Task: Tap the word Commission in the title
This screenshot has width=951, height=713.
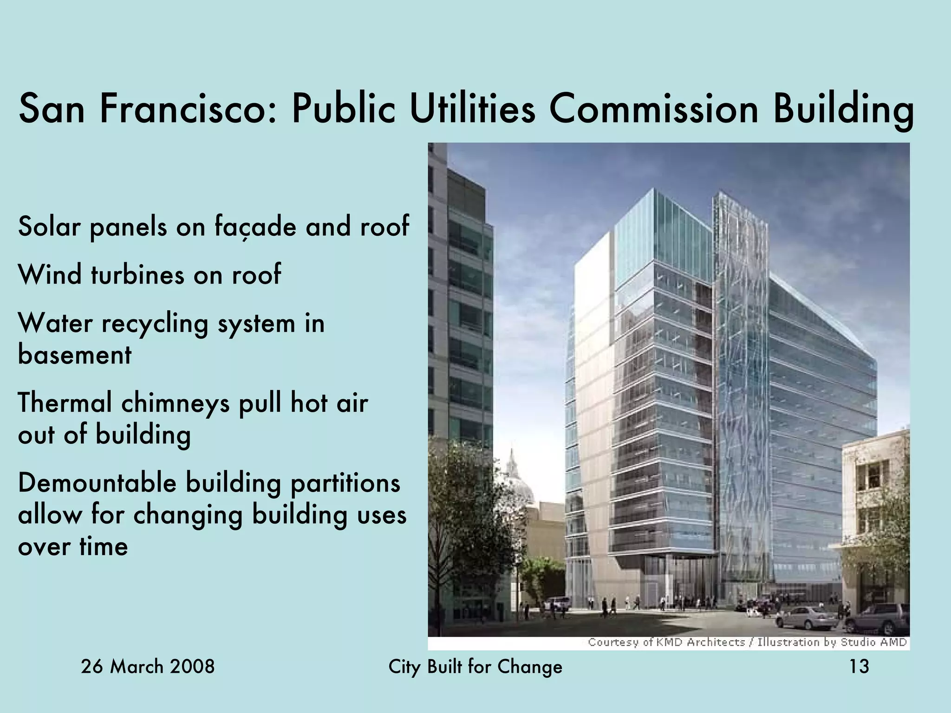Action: (653, 109)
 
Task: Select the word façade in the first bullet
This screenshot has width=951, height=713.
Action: (255, 227)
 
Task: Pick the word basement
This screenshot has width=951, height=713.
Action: (75, 355)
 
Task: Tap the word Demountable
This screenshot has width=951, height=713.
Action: (97, 483)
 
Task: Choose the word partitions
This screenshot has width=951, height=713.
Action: (345, 483)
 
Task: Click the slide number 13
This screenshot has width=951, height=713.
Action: (859, 667)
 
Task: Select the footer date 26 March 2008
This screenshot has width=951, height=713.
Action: (148, 667)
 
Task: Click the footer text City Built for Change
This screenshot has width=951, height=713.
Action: (475, 667)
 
